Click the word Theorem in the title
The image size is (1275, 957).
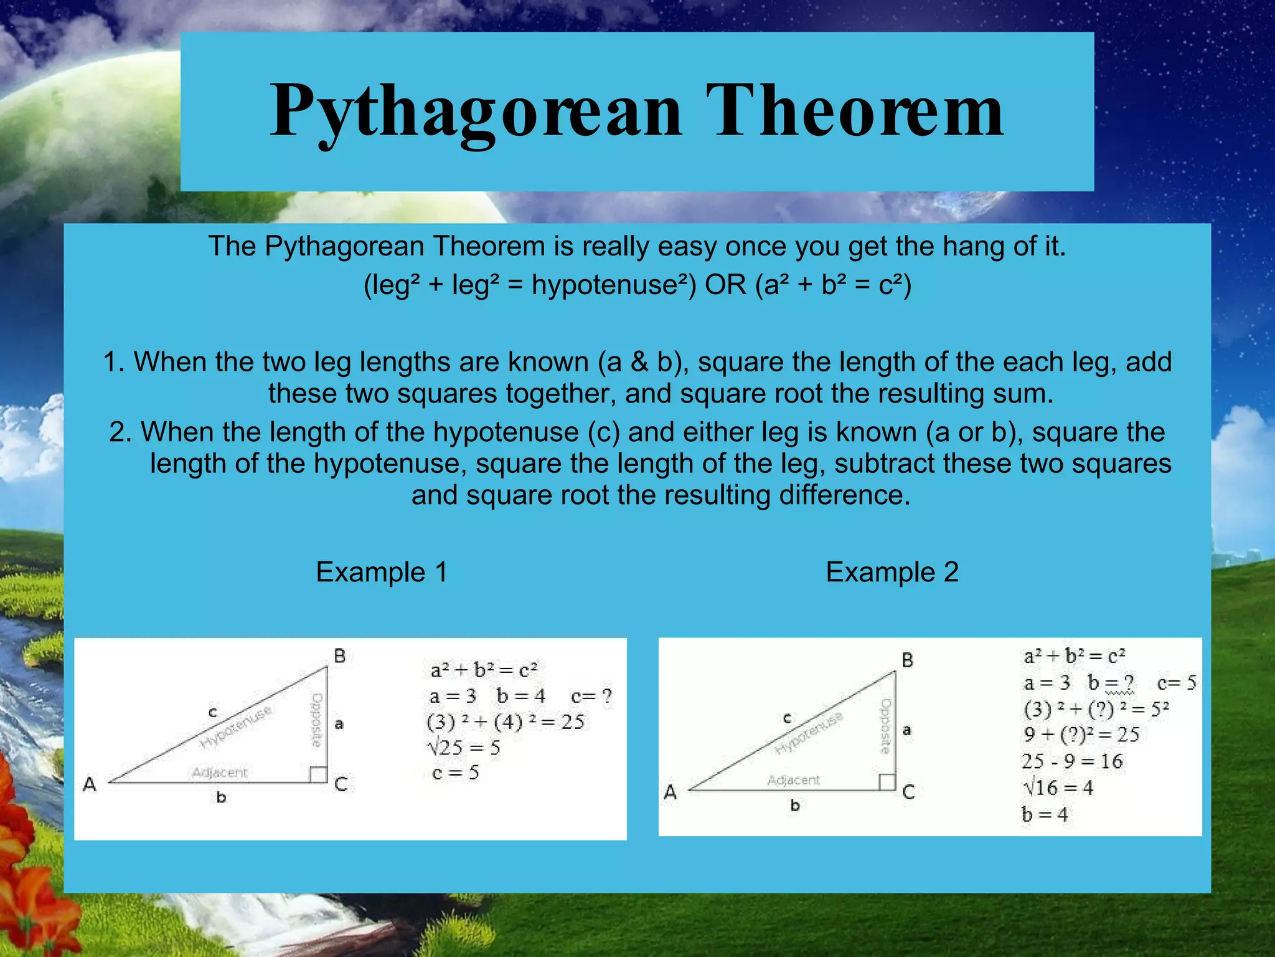tap(854, 111)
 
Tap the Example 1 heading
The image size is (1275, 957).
tap(381, 572)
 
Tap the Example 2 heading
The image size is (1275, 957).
tap(892, 572)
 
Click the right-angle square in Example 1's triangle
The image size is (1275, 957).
tap(318, 774)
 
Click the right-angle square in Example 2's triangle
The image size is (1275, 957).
tap(887, 782)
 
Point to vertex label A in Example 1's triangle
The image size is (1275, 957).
tap(90, 784)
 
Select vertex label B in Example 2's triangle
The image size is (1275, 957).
tap(908, 660)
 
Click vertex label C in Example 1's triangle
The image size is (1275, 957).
tap(341, 784)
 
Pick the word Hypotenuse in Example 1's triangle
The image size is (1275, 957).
tap(236, 728)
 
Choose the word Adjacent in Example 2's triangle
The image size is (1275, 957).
tap(794, 780)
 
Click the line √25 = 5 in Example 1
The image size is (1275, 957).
tap(464, 747)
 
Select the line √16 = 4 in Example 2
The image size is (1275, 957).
tap(1058, 788)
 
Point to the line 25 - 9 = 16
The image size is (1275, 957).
tap(1071, 761)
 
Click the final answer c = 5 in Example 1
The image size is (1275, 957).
tap(456, 773)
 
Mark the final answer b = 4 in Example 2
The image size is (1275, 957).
tap(1044, 814)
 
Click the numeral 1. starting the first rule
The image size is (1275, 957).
tap(115, 362)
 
